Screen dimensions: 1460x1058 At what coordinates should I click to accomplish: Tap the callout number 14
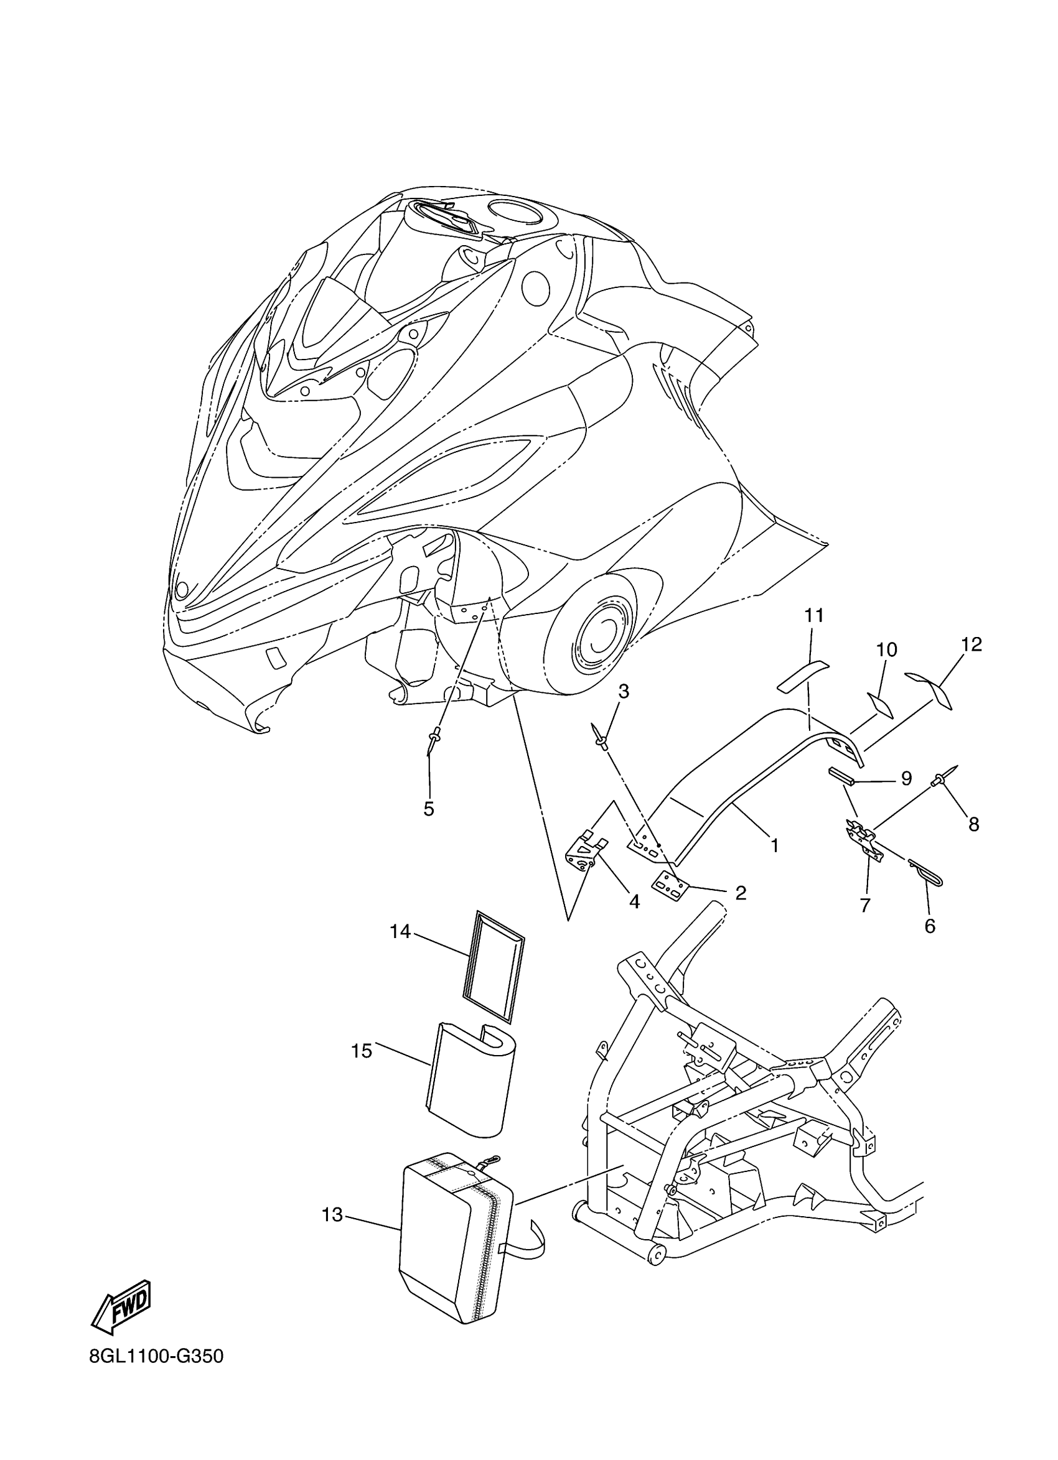tap(400, 931)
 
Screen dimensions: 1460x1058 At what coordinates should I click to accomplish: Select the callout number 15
tap(362, 1051)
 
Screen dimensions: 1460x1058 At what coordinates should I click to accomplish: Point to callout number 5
tap(429, 809)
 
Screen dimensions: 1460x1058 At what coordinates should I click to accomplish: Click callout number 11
tap(814, 616)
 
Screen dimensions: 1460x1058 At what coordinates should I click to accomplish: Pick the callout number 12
tap(971, 644)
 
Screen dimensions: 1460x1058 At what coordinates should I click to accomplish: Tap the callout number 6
tap(929, 926)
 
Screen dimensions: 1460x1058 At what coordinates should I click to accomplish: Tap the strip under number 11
tap(803, 673)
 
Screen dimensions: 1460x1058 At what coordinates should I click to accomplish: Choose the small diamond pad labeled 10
tap(879, 704)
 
